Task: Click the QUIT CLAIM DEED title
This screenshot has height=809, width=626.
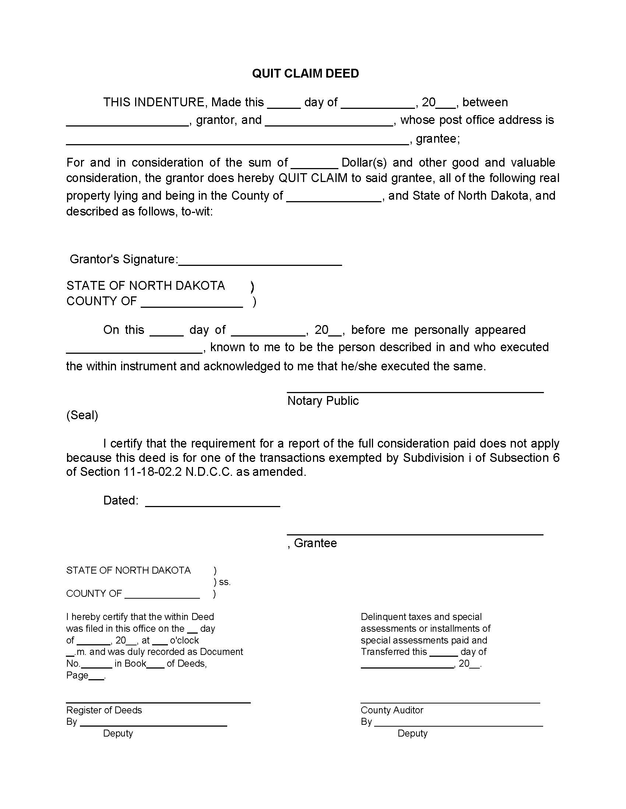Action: (305, 73)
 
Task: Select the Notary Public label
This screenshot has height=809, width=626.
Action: (323, 401)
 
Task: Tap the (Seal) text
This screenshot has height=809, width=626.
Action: (82, 415)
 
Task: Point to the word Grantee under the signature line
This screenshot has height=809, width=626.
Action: (315, 543)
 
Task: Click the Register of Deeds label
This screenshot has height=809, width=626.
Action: (104, 710)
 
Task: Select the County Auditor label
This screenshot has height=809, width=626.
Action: (392, 710)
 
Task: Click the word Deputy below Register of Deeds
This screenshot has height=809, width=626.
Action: (118, 734)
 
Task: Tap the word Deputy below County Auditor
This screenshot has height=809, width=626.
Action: (412, 734)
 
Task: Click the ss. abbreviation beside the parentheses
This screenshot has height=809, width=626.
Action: (225, 582)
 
